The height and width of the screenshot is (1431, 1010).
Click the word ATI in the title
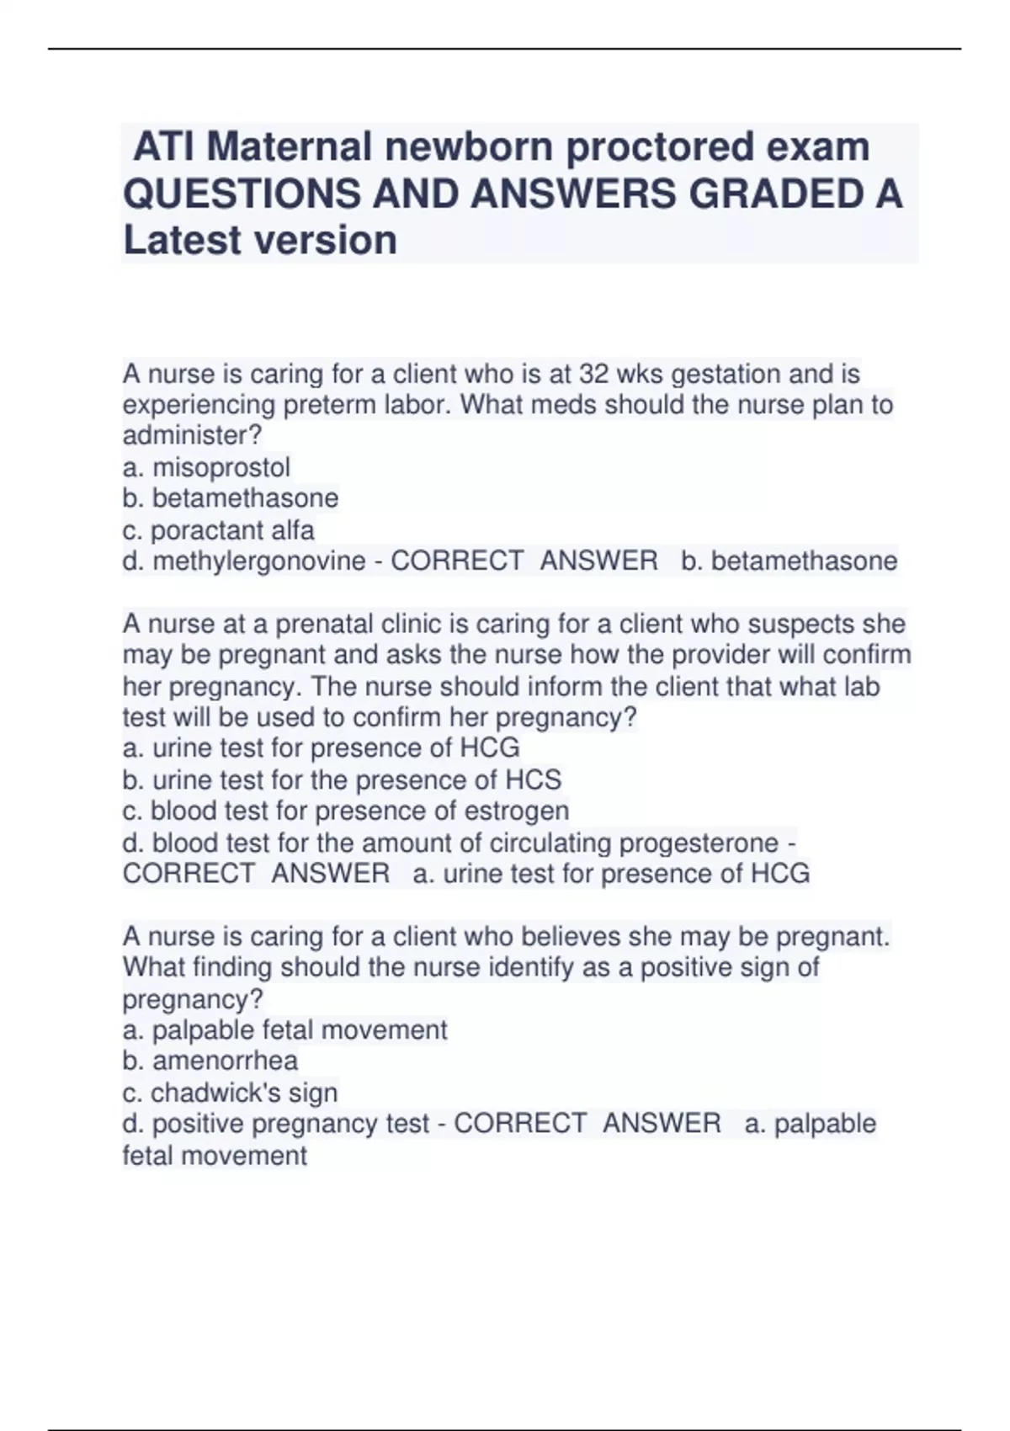165,147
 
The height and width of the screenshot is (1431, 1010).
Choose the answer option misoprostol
221,467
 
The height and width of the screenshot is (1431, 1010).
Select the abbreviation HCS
533,779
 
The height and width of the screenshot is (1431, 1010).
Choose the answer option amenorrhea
225,1061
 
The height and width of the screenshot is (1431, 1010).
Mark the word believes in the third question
571,937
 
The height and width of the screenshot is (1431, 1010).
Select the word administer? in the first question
193,435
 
